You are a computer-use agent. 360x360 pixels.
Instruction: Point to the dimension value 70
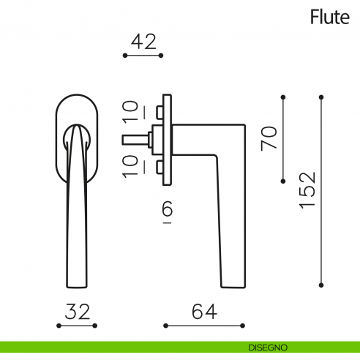pyautogui.click(x=271, y=138)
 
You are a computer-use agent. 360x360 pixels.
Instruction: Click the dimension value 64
pyautogui.click(x=203, y=312)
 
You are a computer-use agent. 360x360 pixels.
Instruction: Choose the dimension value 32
pyautogui.click(x=77, y=312)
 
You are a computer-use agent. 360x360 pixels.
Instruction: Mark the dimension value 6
pyautogui.click(x=167, y=211)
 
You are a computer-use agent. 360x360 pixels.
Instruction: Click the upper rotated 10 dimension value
pyautogui.click(x=130, y=112)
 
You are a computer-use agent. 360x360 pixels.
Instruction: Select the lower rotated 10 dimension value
pyautogui.click(x=130, y=165)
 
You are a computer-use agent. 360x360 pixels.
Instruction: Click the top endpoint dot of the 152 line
pyautogui.click(x=321, y=97)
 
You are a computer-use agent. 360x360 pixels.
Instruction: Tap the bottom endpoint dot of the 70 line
pyautogui.click(x=284, y=179)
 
